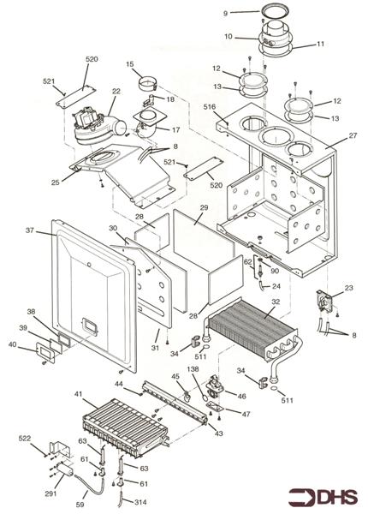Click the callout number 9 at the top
pos(225,13)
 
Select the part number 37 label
pos(29,230)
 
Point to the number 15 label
pos(129,64)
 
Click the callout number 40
pos(11,345)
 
